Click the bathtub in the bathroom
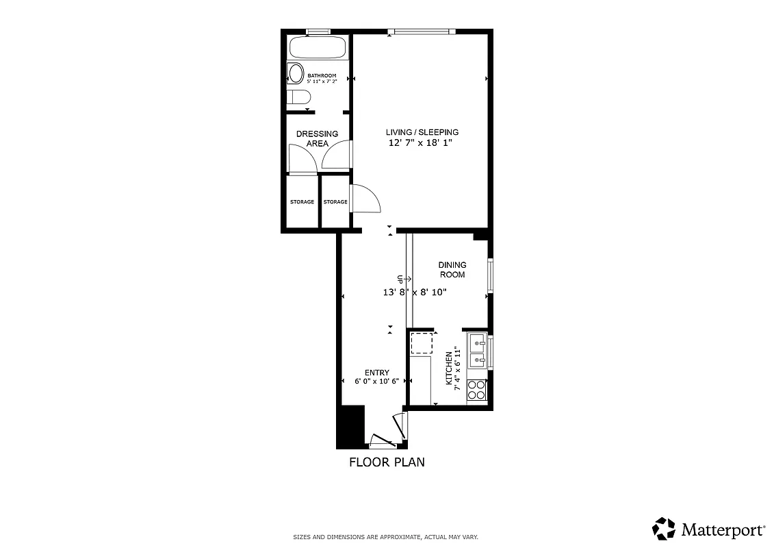point(317,48)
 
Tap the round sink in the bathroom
point(296,73)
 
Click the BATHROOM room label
point(322,75)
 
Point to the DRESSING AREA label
point(317,138)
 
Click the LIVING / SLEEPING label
point(422,132)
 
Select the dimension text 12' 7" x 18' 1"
point(421,143)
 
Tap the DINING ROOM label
point(452,270)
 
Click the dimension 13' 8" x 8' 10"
point(415,292)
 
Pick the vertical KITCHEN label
point(450,368)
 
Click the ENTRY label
point(376,373)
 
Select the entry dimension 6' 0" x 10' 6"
point(376,381)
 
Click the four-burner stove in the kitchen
point(476,390)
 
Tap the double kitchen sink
point(477,350)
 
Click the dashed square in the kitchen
point(421,342)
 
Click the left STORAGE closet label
point(302,202)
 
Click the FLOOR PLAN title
point(387,462)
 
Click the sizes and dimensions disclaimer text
point(385,536)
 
